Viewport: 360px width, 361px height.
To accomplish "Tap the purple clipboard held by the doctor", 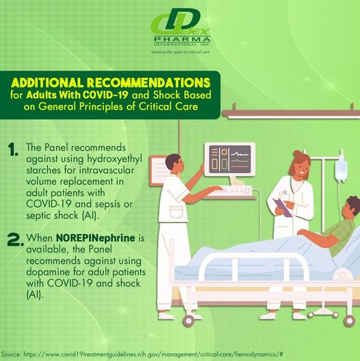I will [281, 206].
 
